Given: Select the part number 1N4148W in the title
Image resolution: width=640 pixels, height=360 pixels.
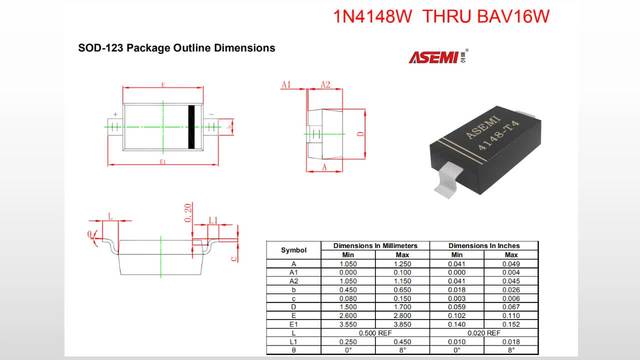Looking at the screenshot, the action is coord(373,17).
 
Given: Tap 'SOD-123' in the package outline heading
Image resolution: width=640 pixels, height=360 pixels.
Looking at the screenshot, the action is coord(104,47).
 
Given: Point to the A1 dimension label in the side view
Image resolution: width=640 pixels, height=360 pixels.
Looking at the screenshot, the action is coord(286,85).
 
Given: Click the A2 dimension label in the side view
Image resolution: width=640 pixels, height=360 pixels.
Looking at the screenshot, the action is coord(326,85).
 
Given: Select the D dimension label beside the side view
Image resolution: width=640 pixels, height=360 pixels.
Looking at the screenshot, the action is coord(360,131).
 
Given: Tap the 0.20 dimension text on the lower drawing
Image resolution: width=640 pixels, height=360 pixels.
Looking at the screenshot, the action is coord(188,211).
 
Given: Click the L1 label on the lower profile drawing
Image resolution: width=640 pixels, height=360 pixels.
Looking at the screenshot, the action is coord(213,220).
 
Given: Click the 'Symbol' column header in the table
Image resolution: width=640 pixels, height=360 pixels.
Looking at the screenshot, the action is coord(293,249).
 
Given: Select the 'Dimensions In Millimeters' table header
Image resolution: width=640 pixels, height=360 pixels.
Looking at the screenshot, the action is coord(374,245).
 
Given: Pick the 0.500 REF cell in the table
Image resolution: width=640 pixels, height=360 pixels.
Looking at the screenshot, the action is coord(374,332).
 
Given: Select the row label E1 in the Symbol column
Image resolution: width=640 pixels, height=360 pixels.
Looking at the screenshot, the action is coord(293,324).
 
